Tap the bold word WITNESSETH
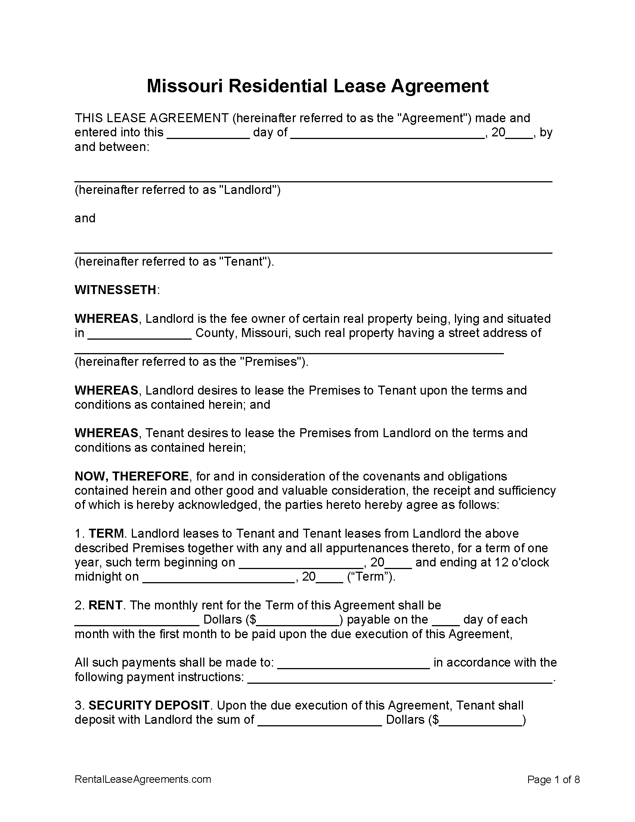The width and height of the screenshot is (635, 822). pos(115,290)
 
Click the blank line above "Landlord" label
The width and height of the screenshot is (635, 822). pos(313,178)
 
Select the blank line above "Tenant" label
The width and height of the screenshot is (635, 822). pos(313,250)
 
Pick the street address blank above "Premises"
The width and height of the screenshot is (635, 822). pos(288,351)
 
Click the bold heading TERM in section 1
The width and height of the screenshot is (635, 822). pos(106,534)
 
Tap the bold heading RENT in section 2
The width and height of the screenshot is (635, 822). pos(105,605)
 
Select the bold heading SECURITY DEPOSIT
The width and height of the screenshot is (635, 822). pos(149,705)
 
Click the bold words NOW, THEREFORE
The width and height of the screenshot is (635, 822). pos(131,476)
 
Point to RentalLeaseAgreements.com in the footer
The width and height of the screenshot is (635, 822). pos(143,779)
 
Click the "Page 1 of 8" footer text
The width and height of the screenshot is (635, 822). pos(553,779)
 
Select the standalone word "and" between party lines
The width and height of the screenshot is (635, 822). pos(85,218)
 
